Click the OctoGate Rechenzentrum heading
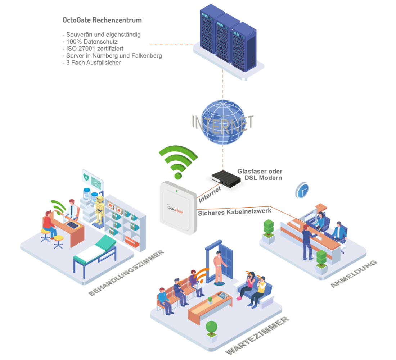click(x=102, y=20)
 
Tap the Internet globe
click(x=222, y=122)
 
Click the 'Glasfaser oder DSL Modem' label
click(x=260, y=174)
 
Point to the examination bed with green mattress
click(x=95, y=252)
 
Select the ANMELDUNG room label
click(x=354, y=274)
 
